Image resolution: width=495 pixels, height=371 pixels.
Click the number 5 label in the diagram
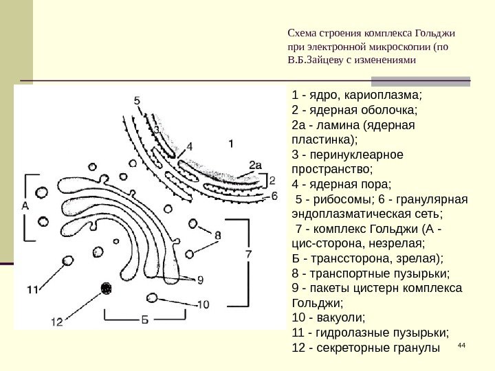point(137,101)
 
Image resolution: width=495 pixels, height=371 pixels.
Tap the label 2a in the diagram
point(255,165)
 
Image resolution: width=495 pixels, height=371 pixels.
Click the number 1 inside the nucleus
point(231,144)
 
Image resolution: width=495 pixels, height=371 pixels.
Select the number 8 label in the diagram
point(217,236)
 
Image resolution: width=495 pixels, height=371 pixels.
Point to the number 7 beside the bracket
point(248,254)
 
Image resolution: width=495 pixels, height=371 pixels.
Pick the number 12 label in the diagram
point(56,321)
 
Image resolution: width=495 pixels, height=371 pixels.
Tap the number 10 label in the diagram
point(203,304)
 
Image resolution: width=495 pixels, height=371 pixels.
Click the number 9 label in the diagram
point(200,280)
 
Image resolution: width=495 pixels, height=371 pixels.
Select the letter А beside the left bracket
point(25,205)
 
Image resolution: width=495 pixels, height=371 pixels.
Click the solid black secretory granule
point(106,289)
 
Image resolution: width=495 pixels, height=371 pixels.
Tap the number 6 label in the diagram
point(274,196)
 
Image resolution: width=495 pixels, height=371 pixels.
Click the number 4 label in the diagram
point(189,146)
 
